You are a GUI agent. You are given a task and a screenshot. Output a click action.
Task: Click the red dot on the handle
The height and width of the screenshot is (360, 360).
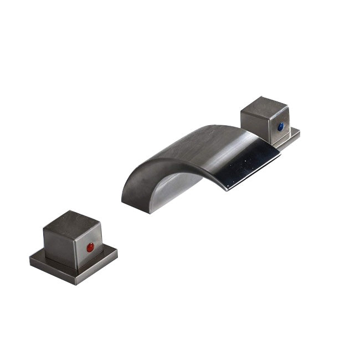(x=90, y=248)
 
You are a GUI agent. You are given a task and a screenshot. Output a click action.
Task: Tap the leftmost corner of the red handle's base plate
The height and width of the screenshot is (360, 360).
(x=30, y=258)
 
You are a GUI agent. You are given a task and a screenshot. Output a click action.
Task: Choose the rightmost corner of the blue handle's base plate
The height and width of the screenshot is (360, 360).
(x=300, y=132)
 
